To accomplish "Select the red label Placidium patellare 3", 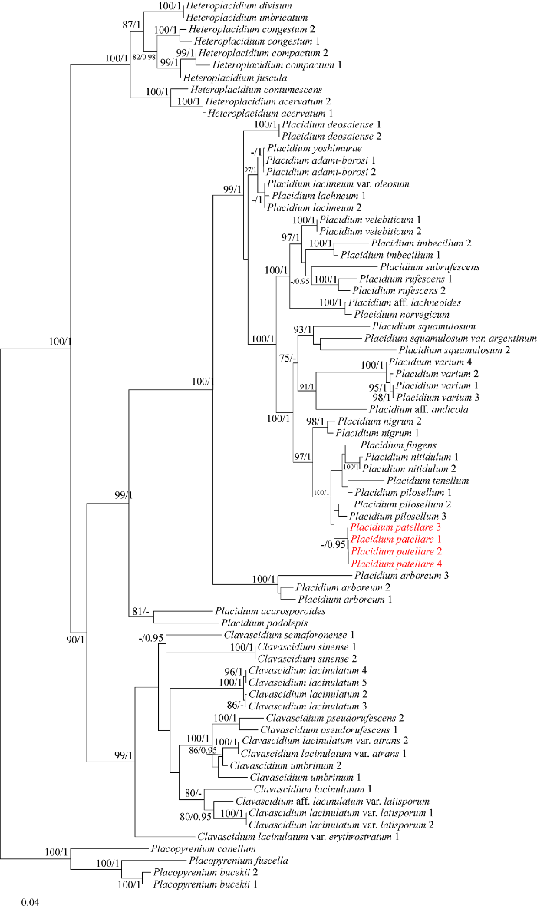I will (x=384, y=529).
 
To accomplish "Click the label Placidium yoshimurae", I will (x=304, y=148).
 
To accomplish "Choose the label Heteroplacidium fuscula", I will (x=223, y=78).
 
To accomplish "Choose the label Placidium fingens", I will (x=391, y=445).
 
